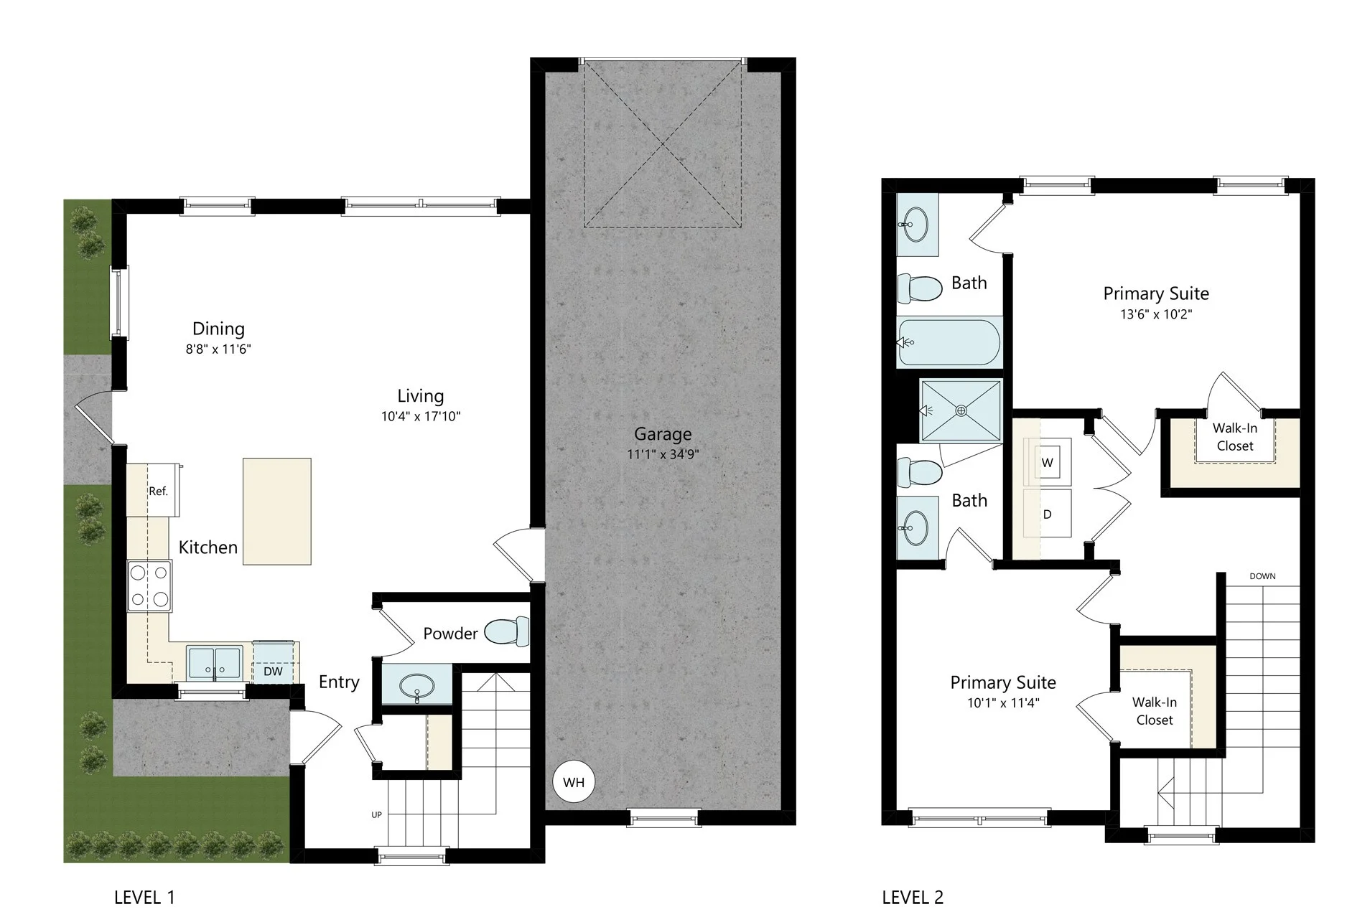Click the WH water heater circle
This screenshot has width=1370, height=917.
(x=574, y=782)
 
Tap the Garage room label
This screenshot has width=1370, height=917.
(x=663, y=434)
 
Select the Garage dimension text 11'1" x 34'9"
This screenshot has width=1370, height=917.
(x=663, y=454)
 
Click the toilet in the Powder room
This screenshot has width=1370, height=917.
(x=507, y=631)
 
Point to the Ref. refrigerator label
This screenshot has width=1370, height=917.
(x=158, y=492)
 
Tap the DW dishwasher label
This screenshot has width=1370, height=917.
(x=273, y=672)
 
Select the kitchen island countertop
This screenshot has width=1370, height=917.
(x=276, y=512)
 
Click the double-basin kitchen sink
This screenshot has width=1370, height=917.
(x=215, y=662)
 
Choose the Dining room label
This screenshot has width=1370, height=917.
(x=218, y=329)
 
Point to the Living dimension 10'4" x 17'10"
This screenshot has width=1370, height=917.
(x=421, y=416)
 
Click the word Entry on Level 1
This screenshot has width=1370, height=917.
(x=339, y=682)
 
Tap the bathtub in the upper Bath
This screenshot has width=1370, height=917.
(x=949, y=343)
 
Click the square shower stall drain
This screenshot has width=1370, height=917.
(x=961, y=411)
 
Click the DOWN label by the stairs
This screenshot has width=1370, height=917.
(x=1262, y=576)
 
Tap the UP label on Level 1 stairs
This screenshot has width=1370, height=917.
(x=377, y=815)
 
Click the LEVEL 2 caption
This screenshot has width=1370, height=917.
(x=913, y=897)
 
